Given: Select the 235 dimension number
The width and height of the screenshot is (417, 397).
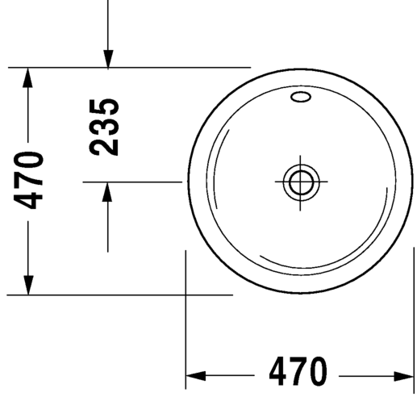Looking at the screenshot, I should [106, 126].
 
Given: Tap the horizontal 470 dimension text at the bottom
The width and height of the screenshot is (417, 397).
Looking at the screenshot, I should [298, 373].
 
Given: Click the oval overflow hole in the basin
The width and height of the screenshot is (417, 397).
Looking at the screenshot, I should [302, 99].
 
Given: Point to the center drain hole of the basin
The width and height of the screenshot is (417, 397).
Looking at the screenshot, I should [301, 182].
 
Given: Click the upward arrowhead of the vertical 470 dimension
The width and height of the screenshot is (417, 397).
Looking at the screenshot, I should [28, 77].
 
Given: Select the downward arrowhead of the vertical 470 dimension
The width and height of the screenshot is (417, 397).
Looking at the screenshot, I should [28, 284].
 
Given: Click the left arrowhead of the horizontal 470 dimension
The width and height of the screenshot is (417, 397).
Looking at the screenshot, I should [196, 375].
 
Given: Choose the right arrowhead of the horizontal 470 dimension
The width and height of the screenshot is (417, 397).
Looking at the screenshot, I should [404, 375].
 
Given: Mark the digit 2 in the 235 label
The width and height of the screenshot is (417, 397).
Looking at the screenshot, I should [106, 145].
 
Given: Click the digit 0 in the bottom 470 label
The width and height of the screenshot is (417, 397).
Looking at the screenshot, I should [316, 373].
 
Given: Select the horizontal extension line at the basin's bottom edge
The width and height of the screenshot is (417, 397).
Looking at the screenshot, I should [121, 295].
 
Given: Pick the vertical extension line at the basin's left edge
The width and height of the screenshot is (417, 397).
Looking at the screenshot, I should [186, 323].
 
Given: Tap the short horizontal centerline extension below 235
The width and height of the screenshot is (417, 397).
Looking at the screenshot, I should [133, 182].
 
